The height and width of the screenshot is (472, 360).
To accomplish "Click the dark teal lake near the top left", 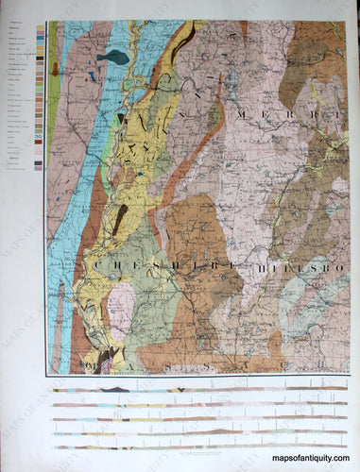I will click(112, 58).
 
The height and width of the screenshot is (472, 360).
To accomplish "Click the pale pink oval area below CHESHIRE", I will click(119, 304).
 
